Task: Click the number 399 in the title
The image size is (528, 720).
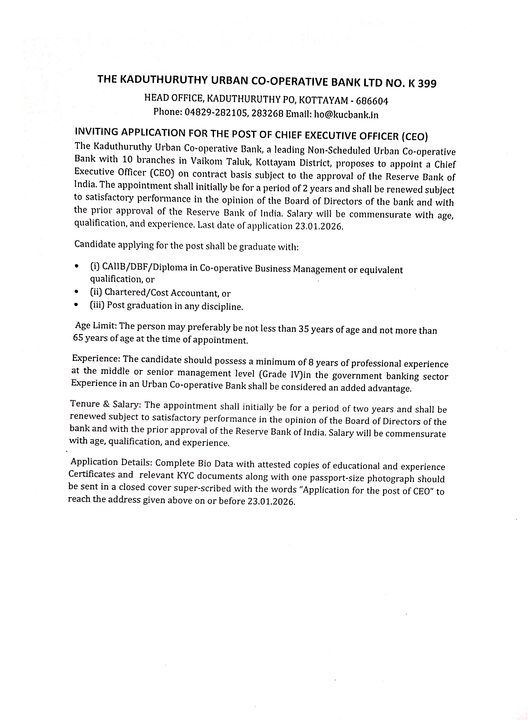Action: [x=425, y=84]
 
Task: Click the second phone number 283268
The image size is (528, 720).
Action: [x=267, y=114]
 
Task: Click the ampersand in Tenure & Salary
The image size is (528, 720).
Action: [x=106, y=404]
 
